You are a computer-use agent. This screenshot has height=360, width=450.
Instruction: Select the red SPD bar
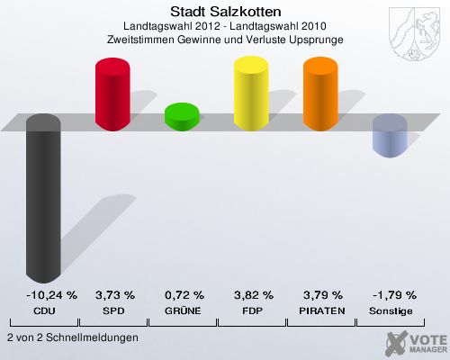pyautogui.click(x=113, y=92)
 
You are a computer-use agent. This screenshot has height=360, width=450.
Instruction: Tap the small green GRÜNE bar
pyautogui.click(x=183, y=115)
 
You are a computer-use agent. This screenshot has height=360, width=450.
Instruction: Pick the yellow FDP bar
pyautogui.click(x=252, y=92)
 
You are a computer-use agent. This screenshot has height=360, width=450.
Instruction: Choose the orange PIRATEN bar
pyautogui.click(x=321, y=92)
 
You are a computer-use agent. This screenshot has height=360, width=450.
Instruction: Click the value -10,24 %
pyautogui.click(x=44, y=294)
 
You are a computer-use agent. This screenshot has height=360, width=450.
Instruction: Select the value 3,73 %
pyautogui.click(x=114, y=294)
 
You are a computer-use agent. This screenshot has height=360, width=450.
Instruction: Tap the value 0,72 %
pyautogui.click(x=184, y=294)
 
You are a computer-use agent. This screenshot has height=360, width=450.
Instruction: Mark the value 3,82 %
pyautogui.click(x=253, y=294)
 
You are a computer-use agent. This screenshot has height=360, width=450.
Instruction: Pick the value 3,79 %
pyautogui.click(x=322, y=294)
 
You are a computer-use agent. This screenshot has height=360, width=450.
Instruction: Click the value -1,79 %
pyautogui.click(x=391, y=294)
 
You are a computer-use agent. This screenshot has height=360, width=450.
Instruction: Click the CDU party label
pyautogui.click(x=44, y=310)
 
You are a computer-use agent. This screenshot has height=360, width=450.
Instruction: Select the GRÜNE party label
pyautogui.click(x=184, y=310)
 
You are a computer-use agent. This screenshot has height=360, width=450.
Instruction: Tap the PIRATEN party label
pyautogui.click(x=322, y=310)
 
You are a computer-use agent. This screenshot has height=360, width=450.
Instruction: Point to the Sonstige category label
pyautogui.click(x=391, y=310)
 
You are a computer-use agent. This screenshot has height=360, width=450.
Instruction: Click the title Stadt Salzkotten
pyautogui.click(x=225, y=12)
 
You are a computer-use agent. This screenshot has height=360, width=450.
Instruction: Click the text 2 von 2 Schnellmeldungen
pyautogui.click(x=72, y=337)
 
